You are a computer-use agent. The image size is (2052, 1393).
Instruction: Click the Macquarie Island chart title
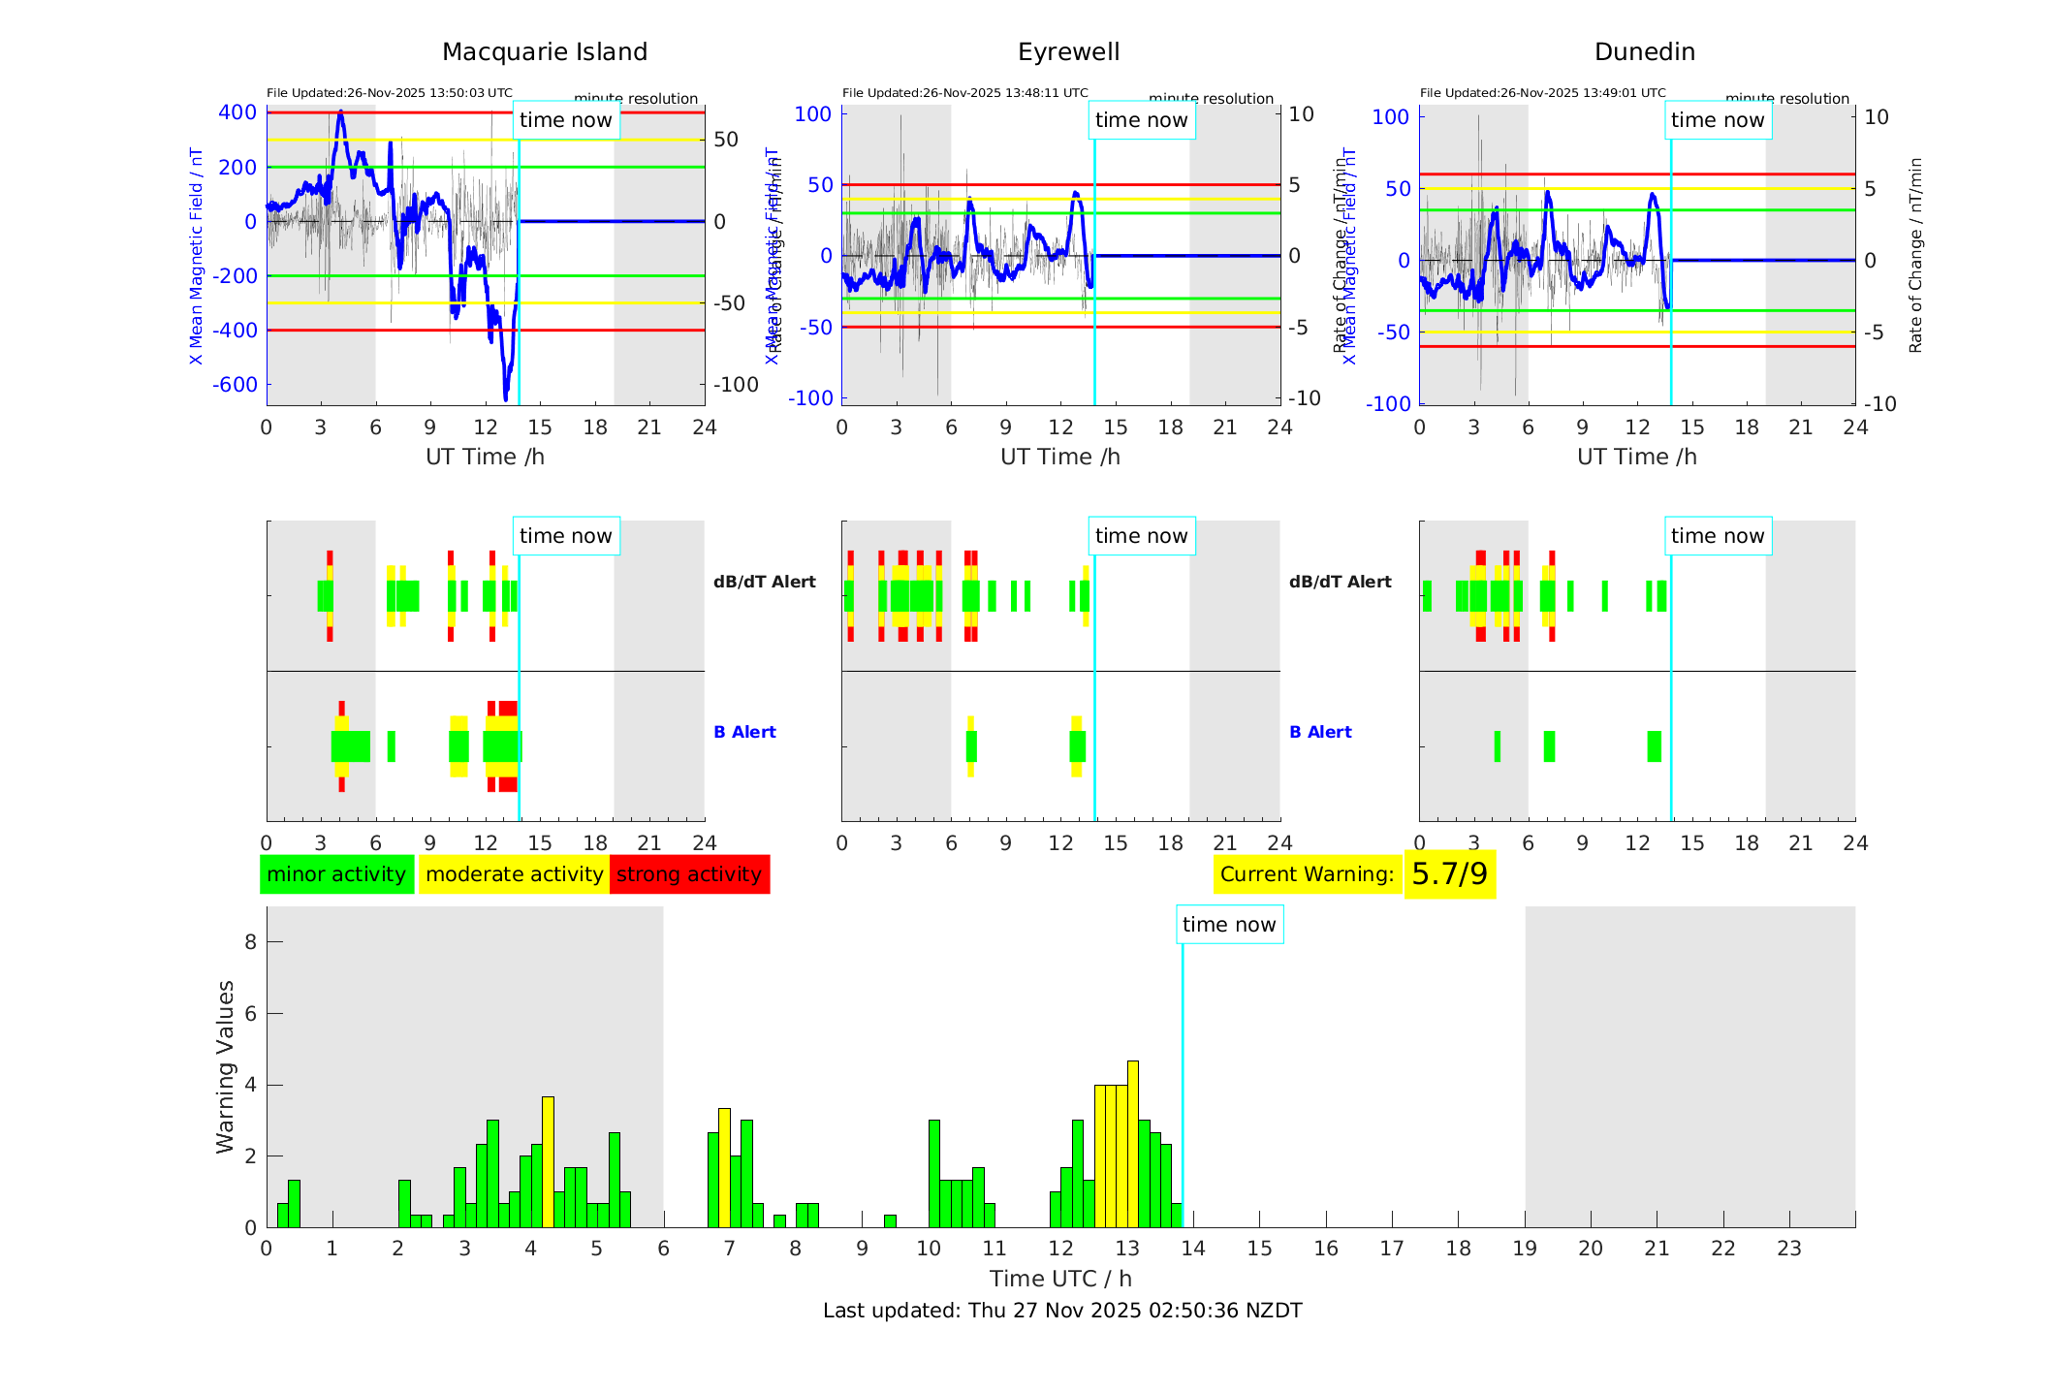click(x=544, y=52)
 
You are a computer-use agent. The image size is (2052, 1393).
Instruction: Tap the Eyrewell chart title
click(x=1068, y=52)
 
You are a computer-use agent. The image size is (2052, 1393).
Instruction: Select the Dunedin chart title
click(x=1644, y=52)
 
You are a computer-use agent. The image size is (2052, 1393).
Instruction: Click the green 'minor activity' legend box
click(x=336, y=874)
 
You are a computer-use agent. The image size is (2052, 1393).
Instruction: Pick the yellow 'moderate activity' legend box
click(x=514, y=874)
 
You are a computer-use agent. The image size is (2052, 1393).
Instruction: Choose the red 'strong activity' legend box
click(x=689, y=874)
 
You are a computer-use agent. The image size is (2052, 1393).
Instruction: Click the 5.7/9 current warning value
click(x=1449, y=874)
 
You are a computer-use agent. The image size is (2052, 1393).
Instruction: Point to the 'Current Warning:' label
click(x=1307, y=874)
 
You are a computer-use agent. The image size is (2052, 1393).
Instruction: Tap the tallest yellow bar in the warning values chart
click(x=1132, y=1144)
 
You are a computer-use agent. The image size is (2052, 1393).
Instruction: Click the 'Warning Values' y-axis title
click(x=226, y=1066)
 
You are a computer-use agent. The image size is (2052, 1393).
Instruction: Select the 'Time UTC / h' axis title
click(x=1060, y=1279)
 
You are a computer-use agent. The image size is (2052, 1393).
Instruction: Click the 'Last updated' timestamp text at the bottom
click(x=1062, y=1311)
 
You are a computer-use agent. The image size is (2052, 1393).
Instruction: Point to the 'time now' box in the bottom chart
click(x=1229, y=925)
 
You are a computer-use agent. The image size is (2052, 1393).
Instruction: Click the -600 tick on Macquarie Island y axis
click(x=235, y=385)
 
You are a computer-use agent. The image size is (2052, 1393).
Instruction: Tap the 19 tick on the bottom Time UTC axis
click(x=1525, y=1249)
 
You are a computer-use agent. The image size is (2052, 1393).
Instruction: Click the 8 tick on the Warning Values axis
click(x=250, y=942)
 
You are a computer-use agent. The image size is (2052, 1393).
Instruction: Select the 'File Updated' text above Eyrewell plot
click(x=964, y=93)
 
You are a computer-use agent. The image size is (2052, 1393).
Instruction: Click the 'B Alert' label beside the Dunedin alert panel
click(x=1320, y=732)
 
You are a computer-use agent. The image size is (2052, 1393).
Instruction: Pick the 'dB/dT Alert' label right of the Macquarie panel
click(x=764, y=582)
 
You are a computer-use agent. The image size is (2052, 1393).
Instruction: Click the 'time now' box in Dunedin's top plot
click(x=1718, y=120)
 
